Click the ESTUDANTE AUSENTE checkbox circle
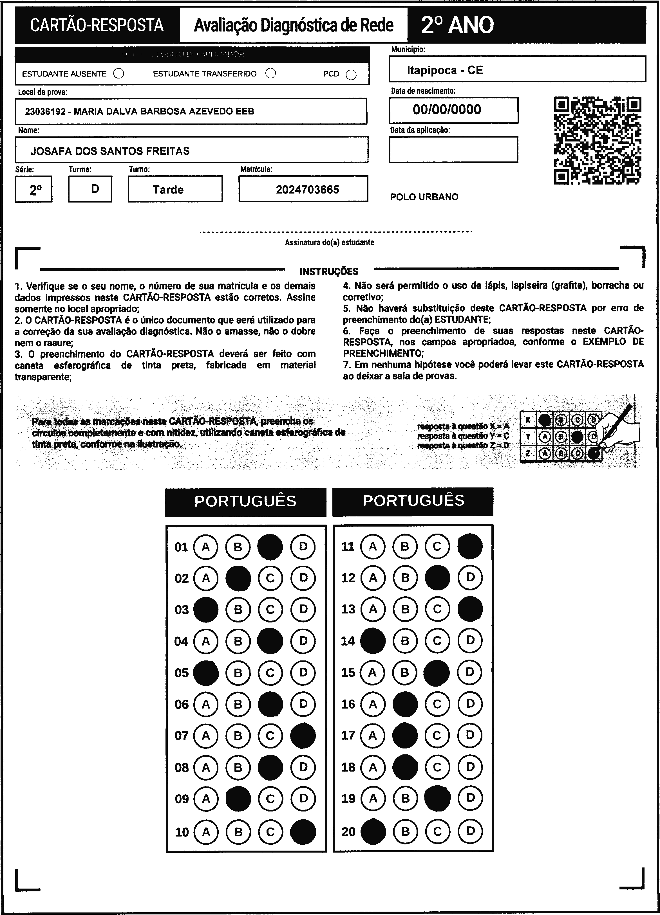(119, 73)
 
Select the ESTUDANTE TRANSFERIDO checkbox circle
(271, 73)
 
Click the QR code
(598, 140)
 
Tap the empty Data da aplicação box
(453, 149)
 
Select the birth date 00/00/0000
(447, 109)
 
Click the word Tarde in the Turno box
(168, 190)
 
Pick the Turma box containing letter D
(90, 189)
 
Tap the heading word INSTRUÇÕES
(329, 271)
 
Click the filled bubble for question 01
(270, 547)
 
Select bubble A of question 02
(206, 579)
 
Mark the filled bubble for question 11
(470, 546)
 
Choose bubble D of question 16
(470, 704)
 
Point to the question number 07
(182, 736)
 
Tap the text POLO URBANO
(424, 197)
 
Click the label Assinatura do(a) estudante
(329, 242)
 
